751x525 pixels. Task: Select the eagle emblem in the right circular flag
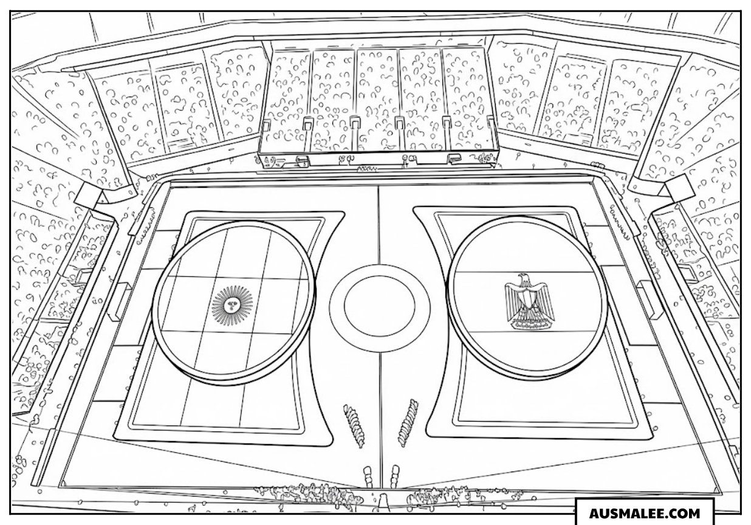529,303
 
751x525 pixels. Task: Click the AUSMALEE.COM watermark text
644,513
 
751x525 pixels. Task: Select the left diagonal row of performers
354,426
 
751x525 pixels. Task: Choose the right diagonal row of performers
408,423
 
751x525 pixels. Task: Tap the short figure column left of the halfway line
368,476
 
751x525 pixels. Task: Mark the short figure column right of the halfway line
394,476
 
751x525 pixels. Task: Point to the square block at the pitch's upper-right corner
679,189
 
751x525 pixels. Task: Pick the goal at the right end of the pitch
645,300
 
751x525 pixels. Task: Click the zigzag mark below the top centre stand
366,169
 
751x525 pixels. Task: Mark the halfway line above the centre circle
379,225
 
